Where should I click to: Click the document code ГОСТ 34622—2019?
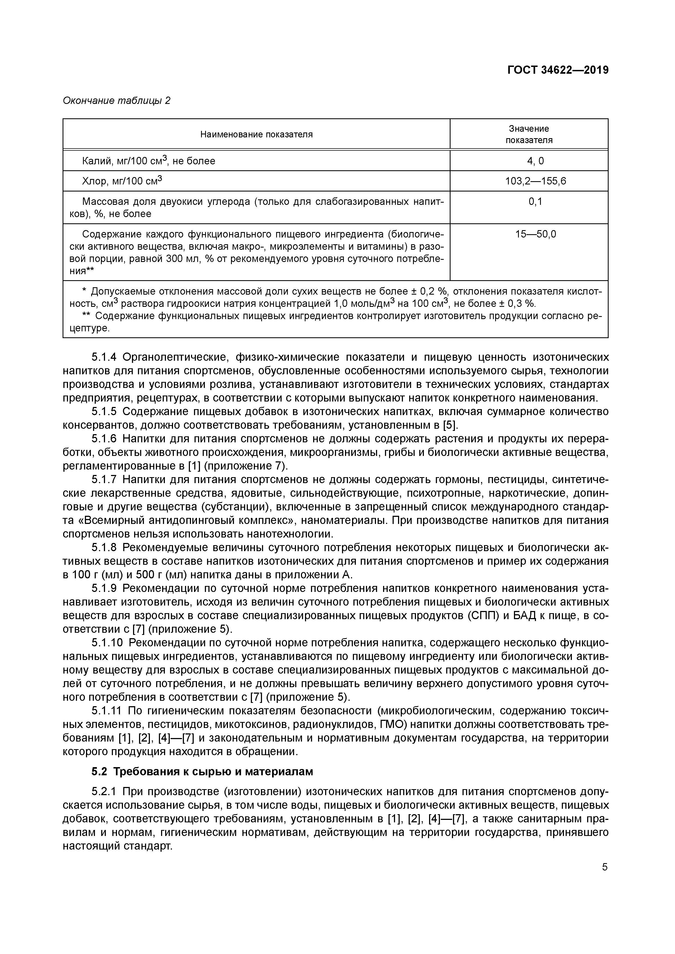coord(558,70)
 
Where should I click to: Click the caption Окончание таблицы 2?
coord(116,101)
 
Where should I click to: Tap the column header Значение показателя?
coord(529,134)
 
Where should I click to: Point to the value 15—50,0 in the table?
coord(535,234)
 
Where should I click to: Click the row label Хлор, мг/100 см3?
coord(122,181)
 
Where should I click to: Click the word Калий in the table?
coord(95,161)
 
